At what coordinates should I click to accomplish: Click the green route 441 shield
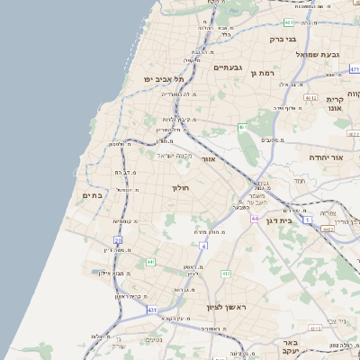[149, 262]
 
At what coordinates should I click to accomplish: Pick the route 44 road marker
[256, 219]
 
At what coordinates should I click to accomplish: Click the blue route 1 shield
[307, 220]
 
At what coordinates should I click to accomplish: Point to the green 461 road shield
[242, 129]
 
